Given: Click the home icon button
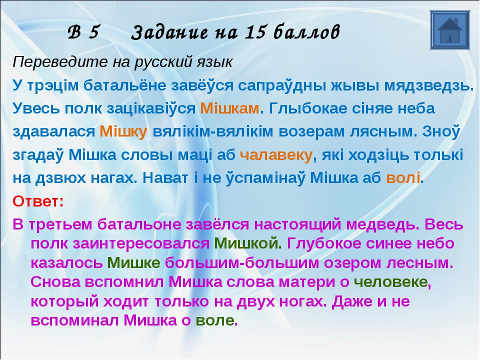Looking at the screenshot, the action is (449, 30).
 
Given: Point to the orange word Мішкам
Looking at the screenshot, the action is (229, 108).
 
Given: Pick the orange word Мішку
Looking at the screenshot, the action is (123, 131).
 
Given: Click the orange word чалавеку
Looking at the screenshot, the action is (276, 155).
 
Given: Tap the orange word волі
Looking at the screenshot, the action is (403, 178).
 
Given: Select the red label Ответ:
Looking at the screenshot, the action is (38, 201).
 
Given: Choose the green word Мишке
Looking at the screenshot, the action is (133, 263).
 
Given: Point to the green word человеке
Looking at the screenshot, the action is (390, 282).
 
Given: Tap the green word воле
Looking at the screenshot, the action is (215, 321).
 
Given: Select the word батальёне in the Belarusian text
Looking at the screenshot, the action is (125, 85).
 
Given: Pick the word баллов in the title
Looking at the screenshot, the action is (306, 32).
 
